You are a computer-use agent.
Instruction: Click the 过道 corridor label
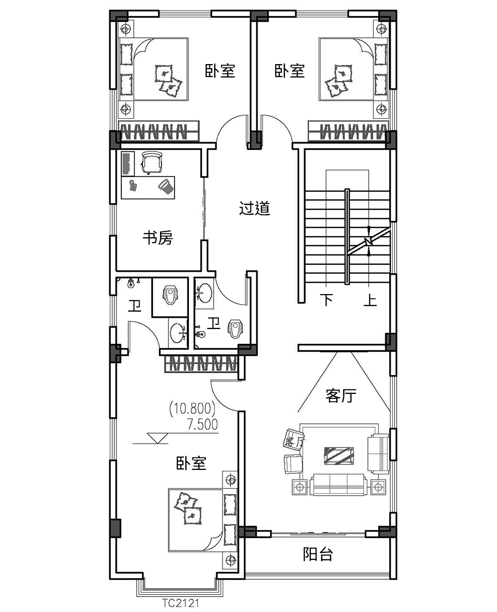[x=254, y=209]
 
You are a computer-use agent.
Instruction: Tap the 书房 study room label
[x=158, y=238]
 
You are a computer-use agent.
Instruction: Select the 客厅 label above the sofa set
[x=341, y=396]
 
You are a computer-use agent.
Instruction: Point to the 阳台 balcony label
[x=318, y=554]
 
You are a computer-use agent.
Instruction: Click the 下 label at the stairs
[x=326, y=301]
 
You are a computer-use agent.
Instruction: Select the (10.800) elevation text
[x=192, y=409]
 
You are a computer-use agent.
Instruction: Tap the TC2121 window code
[x=180, y=604]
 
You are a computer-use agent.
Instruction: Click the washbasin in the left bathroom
[x=177, y=332]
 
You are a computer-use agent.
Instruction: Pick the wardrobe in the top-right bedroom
[x=347, y=132]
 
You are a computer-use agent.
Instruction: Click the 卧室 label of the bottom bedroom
[x=191, y=464]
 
